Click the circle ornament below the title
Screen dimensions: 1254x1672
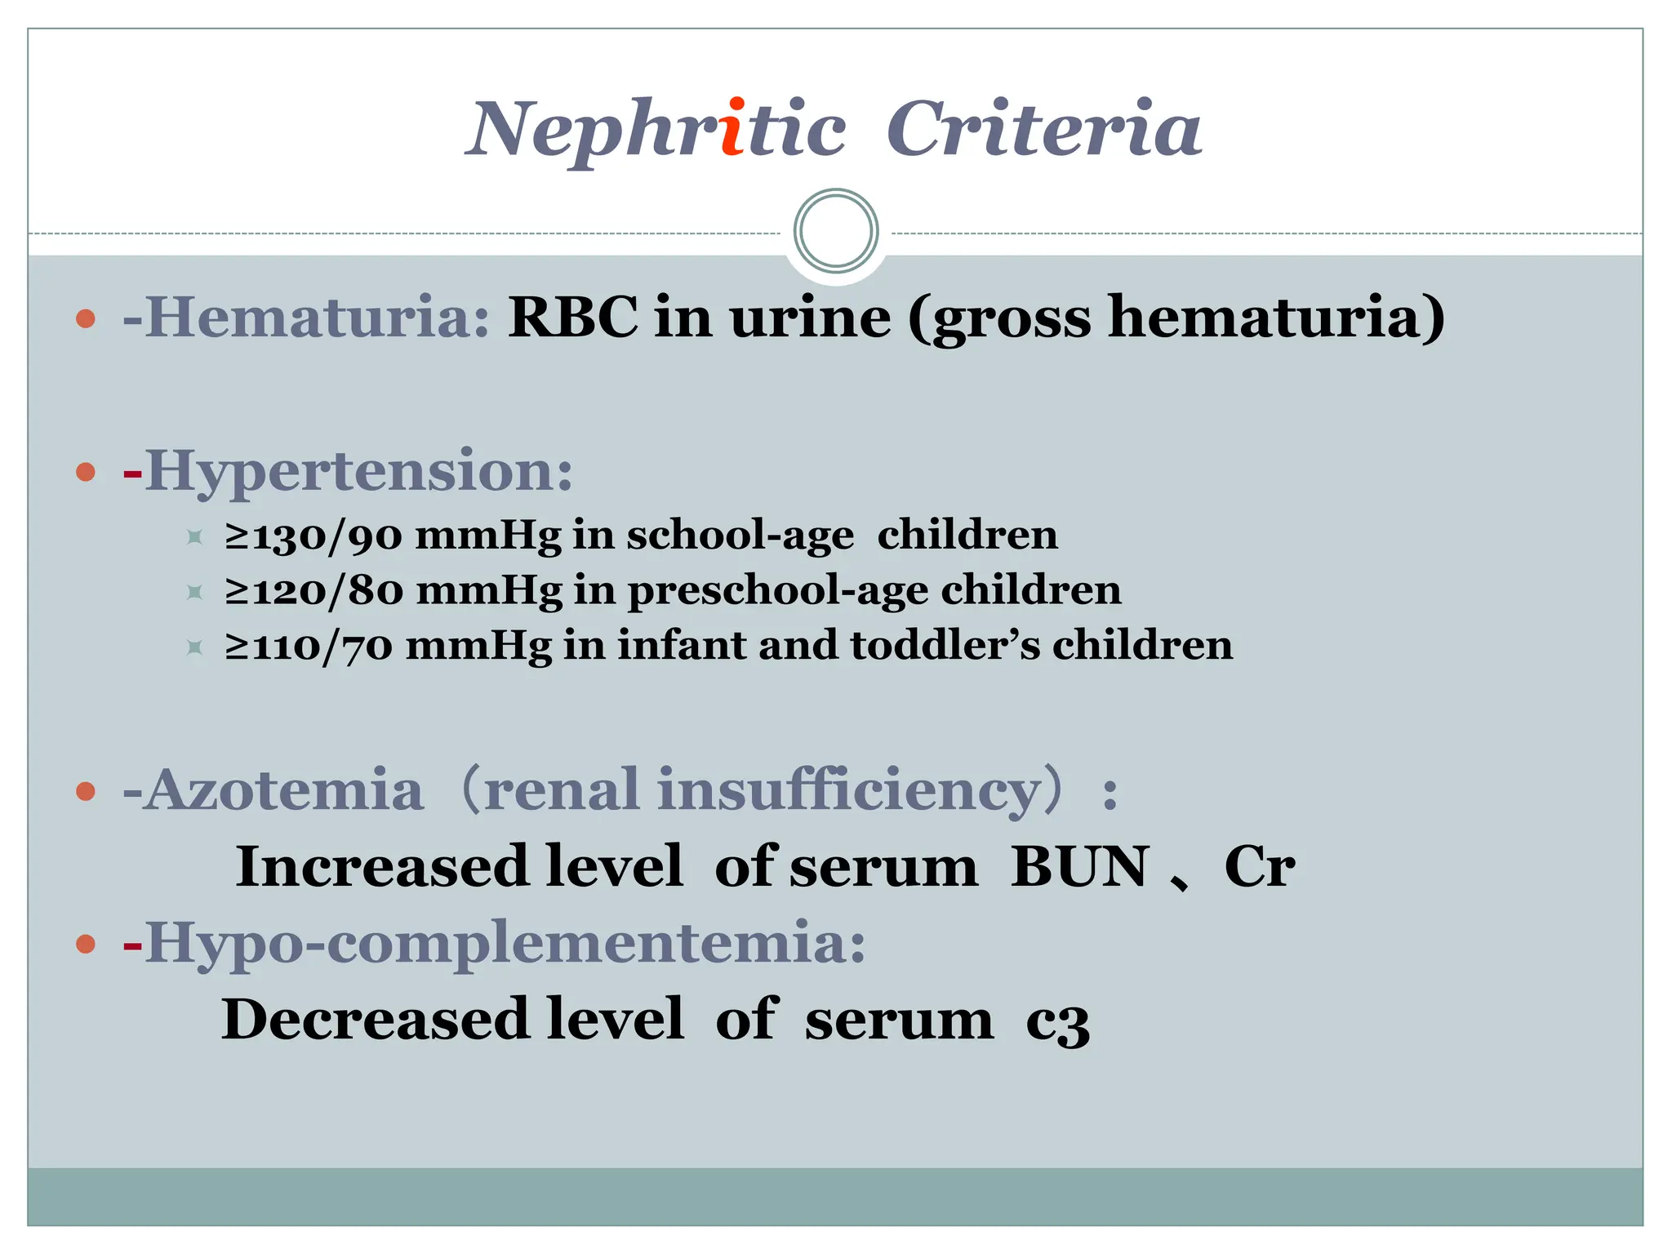pyautogui.click(x=836, y=231)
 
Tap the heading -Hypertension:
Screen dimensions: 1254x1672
pyautogui.click(x=348, y=471)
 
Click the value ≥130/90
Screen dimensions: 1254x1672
pyautogui.click(x=313, y=536)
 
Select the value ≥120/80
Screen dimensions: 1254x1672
pyautogui.click(x=313, y=590)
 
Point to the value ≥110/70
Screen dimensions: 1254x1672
pyautogui.click(x=309, y=646)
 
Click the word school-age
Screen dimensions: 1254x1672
pyautogui.click(x=740, y=536)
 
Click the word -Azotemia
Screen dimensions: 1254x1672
pyautogui.click(x=273, y=790)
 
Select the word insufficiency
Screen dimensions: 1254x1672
pyautogui.click(x=849, y=790)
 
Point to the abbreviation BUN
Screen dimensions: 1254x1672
pyautogui.click(x=1079, y=866)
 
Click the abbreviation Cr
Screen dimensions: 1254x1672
pyautogui.click(x=1259, y=866)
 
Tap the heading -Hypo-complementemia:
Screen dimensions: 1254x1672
pyautogui.click(x=494, y=943)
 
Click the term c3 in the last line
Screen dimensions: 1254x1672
pyautogui.click(x=1057, y=1021)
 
